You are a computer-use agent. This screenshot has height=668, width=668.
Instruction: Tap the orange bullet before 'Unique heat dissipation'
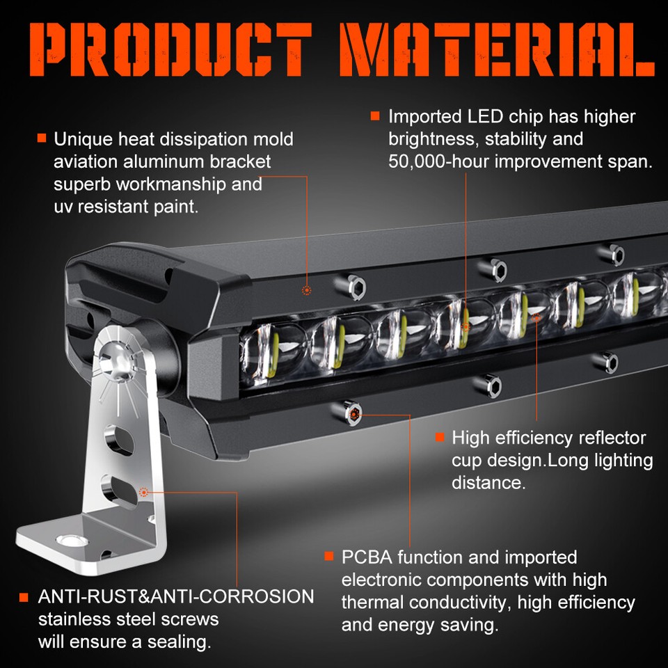click(42, 138)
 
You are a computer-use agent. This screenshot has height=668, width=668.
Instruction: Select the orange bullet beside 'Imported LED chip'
click(375, 116)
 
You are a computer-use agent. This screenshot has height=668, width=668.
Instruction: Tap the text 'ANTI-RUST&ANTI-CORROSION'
click(176, 596)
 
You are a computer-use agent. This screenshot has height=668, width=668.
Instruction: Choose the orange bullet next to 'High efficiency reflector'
click(439, 438)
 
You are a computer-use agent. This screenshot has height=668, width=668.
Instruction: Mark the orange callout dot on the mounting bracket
click(144, 492)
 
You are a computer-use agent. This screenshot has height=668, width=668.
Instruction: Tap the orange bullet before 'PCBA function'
click(329, 557)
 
